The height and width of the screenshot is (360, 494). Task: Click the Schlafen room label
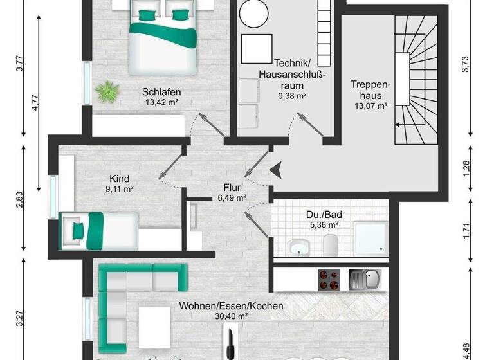tap(161, 91)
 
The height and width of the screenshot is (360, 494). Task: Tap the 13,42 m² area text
tap(161, 101)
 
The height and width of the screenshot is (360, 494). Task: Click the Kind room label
tap(120, 178)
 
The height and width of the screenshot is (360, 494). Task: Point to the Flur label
tap(232, 188)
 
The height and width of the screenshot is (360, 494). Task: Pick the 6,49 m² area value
tap(232, 198)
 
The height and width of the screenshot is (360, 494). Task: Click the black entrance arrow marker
tap(275, 170)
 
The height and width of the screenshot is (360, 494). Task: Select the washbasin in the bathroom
tap(299, 246)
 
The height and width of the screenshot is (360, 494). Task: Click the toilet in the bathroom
tap(331, 244)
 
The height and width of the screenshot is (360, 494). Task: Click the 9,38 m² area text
tap(292, 96)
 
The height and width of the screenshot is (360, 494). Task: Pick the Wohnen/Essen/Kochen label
tap(232, 306)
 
